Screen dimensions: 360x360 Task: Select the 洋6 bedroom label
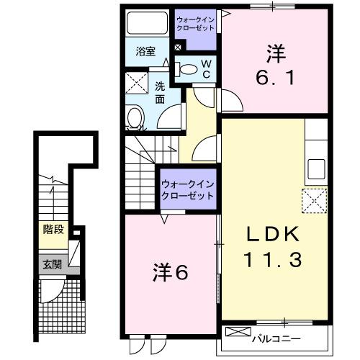click(170, 273)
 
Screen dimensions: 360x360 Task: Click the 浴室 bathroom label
click(146, 52)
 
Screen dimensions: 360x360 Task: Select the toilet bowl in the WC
click(186, 70)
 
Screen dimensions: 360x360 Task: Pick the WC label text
click(205, 69)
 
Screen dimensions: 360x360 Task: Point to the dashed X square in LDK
click(315, 201)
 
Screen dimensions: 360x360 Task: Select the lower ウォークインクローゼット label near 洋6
click(188, 189)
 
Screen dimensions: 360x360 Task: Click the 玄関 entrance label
click(51, 264)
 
